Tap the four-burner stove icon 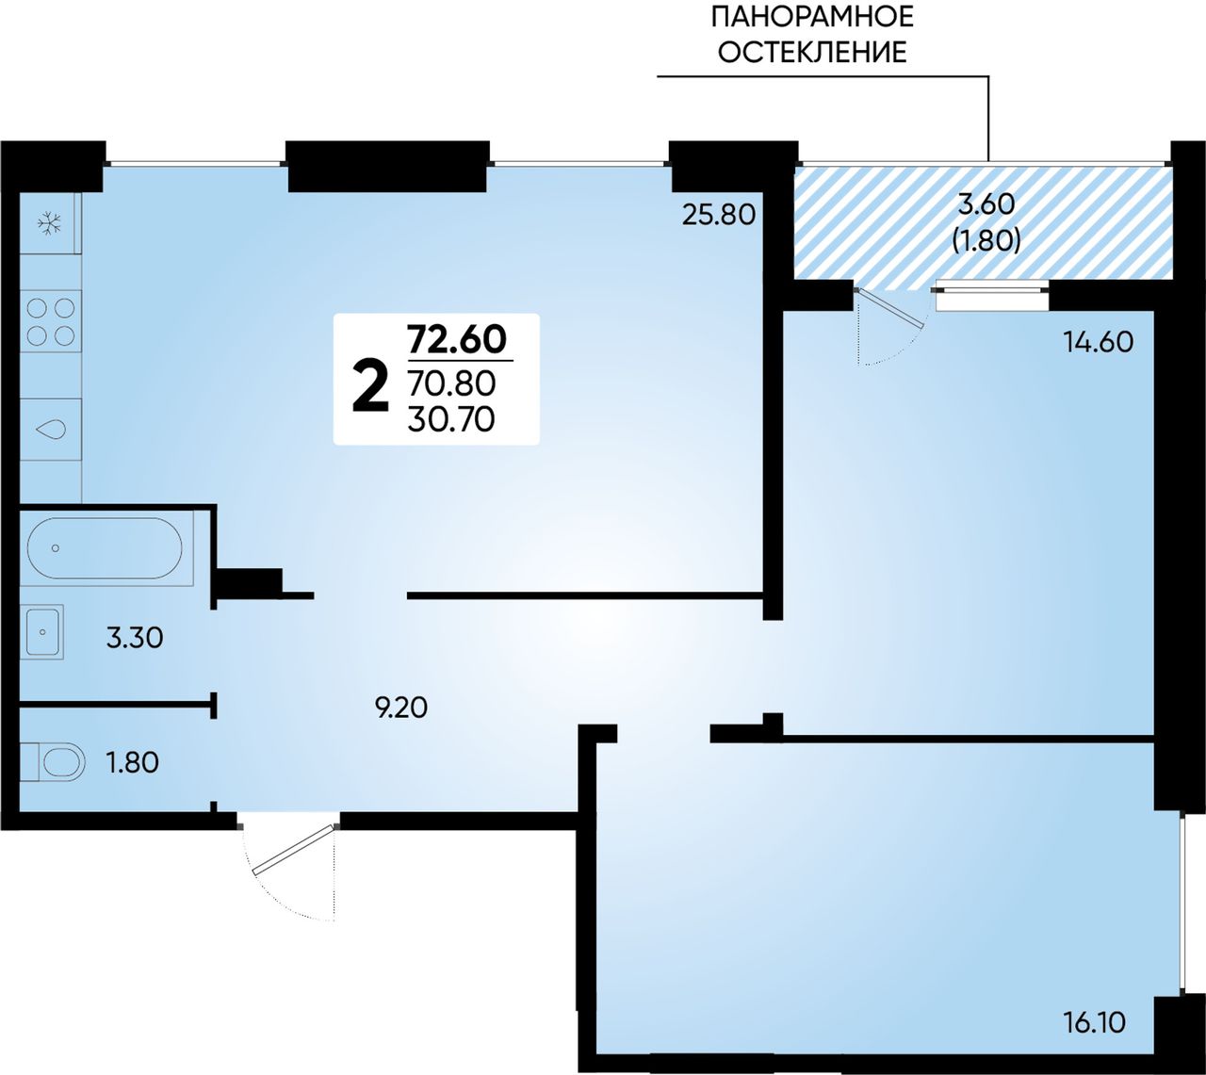(51, 322)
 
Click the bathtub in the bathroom (111, 547)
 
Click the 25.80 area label (719, 215)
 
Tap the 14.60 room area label (1099, 342)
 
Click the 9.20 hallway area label (401, 709)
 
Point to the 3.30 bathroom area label (135, 639)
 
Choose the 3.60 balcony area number (986, 204)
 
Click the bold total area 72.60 (457, 340)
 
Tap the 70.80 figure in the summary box (452, 383)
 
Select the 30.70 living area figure (452, 420)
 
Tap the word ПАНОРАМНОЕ (812, 17)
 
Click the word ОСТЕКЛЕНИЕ (812, 53)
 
